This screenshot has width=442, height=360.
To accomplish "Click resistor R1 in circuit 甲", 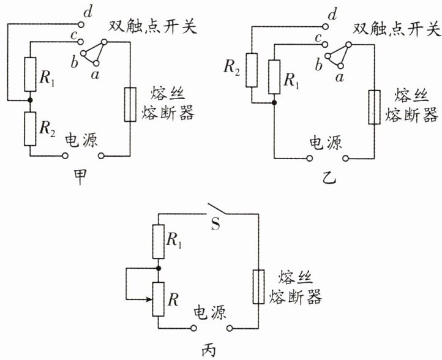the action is pos(30,75).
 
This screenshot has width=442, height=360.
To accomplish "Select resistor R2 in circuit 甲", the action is pos(30,129).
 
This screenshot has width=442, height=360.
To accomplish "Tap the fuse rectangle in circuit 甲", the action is pos(130,105).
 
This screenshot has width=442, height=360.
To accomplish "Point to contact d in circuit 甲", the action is pos(81,25).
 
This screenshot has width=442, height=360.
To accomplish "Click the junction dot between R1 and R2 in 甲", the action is pos(30,100).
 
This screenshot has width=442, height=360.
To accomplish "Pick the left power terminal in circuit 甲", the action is pos(65,156).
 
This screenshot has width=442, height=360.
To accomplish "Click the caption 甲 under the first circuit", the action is pos(80,177).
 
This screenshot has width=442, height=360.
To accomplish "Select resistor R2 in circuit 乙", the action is pos(252,70).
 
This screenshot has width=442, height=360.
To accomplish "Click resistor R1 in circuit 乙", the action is pos(274,77).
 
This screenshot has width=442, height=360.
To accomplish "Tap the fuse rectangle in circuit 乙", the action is pos(374,107).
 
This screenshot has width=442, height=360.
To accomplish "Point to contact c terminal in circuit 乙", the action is pos(325,44).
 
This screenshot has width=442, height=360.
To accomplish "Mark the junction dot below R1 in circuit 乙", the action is pos(274,103).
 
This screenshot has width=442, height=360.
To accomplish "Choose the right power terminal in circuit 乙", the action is pos(346,159).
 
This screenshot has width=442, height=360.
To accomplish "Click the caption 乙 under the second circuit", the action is pos(329,178).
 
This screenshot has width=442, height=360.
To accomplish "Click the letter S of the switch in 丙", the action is pos(215,225).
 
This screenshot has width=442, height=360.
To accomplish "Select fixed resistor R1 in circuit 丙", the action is pos(159,242).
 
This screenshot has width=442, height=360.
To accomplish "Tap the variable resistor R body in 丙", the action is pos(159,299).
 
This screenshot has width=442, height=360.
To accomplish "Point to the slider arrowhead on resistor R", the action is pos(149,299).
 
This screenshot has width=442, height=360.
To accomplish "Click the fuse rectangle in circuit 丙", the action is pos(258,287).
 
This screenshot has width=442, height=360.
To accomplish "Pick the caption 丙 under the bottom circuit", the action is pos(209,350).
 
